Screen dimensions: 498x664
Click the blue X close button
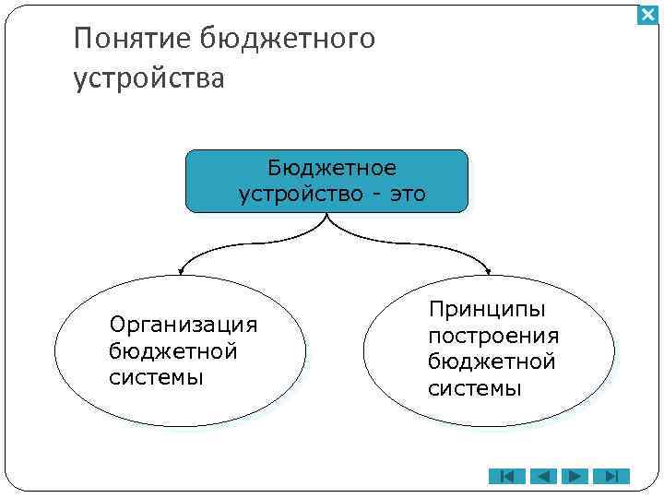647,15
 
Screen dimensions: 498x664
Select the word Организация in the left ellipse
183,325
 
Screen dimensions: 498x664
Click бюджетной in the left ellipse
172,351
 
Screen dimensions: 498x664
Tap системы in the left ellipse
156,377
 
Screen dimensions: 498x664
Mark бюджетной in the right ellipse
492,362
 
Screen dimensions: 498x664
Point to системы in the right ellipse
475,388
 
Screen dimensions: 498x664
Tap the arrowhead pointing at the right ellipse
488,272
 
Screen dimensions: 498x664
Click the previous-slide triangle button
542,476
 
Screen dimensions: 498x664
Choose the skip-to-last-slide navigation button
611,476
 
